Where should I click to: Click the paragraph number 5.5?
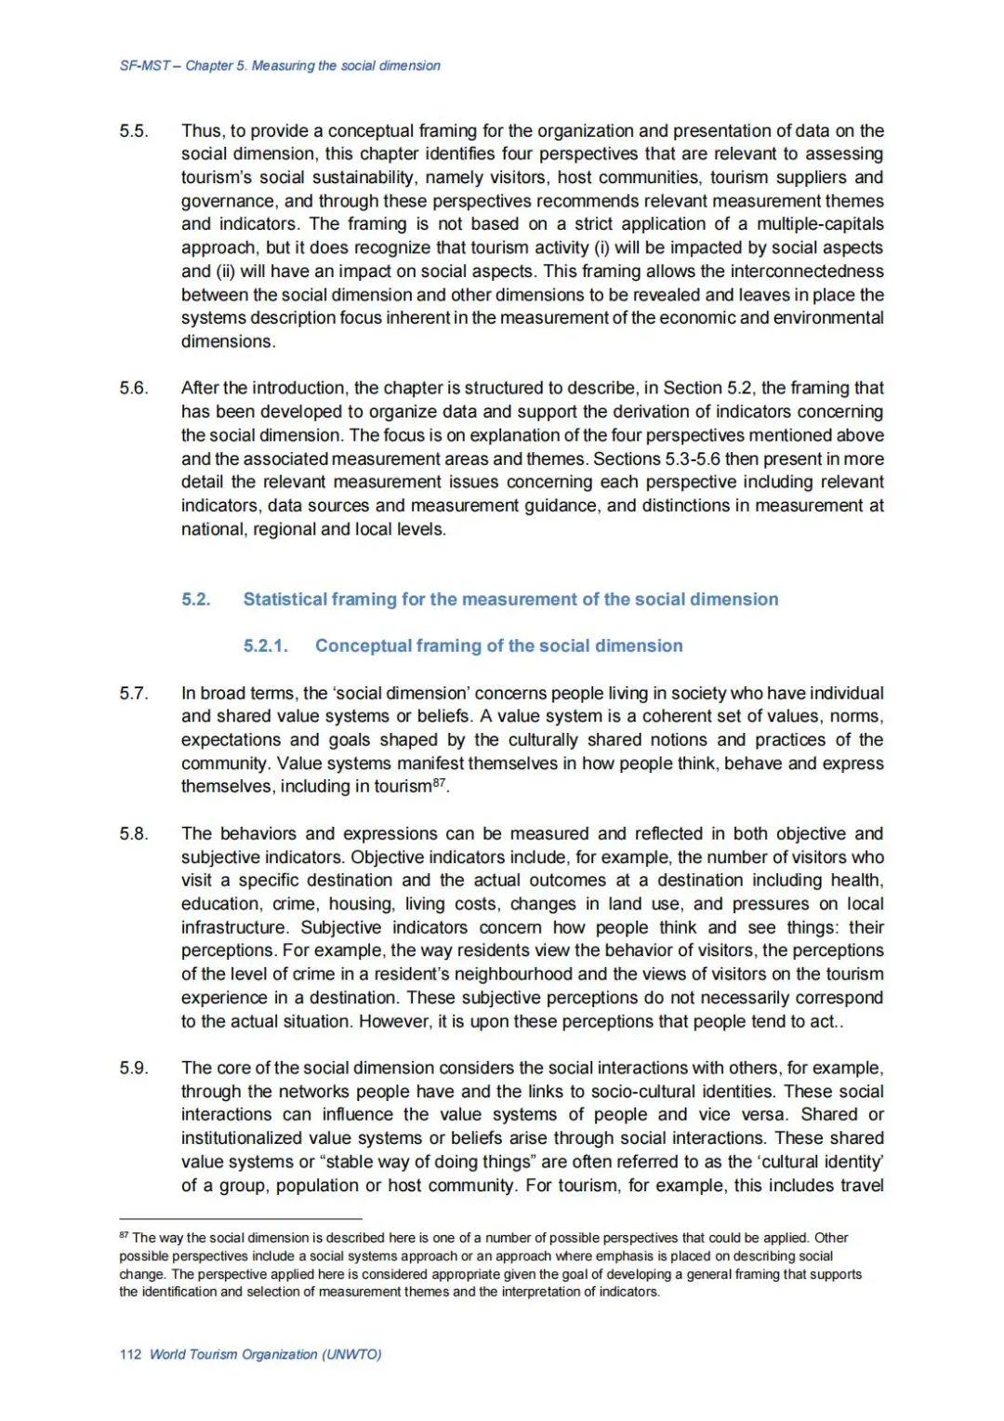[x=133, y=131]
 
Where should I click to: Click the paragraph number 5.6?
[x=133, y=388]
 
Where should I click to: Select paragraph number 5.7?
[x=133, y=693]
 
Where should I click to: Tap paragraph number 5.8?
[x=133, y=833]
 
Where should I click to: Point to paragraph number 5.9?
[x=133, y=1068]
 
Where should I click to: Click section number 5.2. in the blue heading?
[x=196, y=600]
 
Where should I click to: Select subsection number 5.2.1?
[x=266, y=646]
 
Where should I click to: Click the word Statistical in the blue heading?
[x=287, y=600]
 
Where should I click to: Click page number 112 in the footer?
[x=130, y=1354]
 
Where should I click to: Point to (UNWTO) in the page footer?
[x=351, y=1354]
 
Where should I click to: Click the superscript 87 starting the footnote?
[x=124, y=1236]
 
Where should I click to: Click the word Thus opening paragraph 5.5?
[x=200, y=131]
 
